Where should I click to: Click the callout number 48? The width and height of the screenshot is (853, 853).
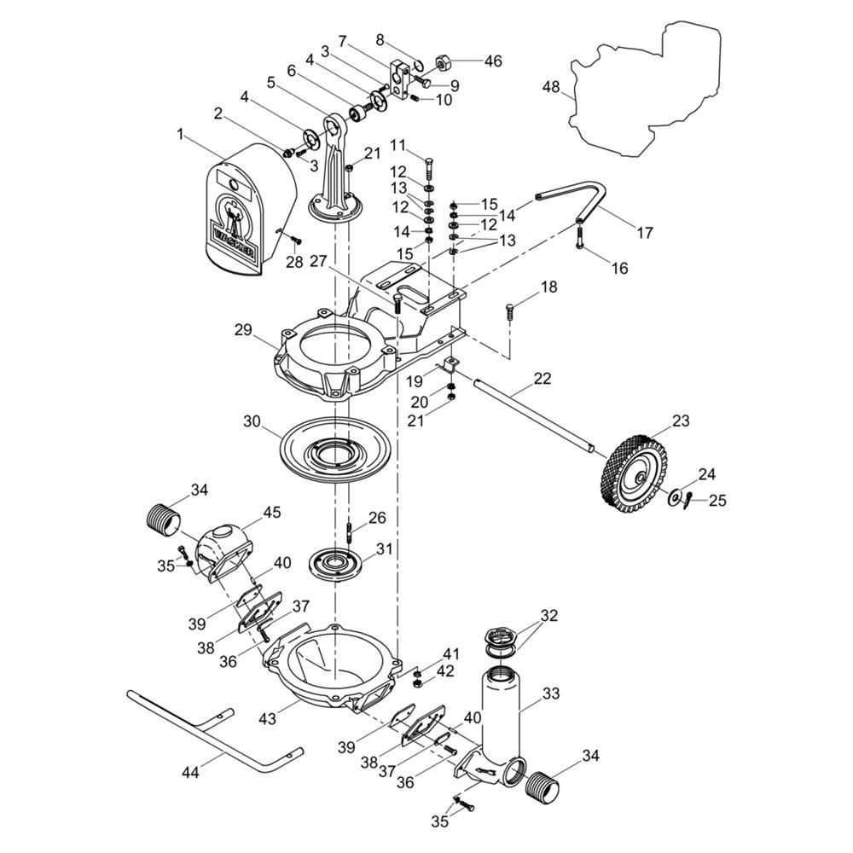(x=550, y=87)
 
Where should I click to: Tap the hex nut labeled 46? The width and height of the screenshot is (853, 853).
(x=443, y=62)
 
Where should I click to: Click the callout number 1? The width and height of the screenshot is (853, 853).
(x=179, y=134)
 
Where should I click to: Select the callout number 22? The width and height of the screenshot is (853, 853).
(x=543, y=378)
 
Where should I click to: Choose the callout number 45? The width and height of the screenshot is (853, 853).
(x=271, y=513)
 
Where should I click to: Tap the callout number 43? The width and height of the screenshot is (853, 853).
(x=268, y=720)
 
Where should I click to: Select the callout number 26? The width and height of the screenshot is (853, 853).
(x=377, y=518)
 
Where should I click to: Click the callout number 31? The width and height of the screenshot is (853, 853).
(x=384, y=548)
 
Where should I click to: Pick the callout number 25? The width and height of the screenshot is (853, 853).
(x=717, y=501)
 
